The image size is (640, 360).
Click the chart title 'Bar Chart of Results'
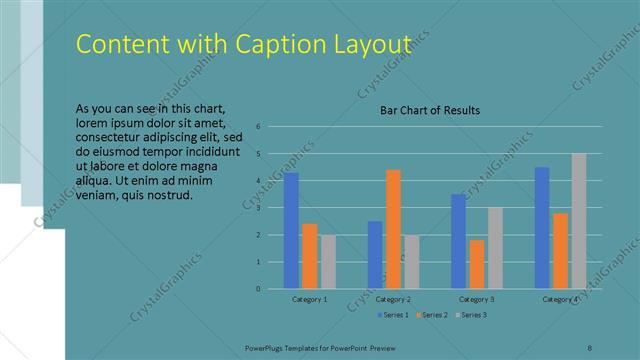point(430,110)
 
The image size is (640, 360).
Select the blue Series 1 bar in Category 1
point(291,231)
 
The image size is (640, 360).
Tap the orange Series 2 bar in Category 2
point(393,229)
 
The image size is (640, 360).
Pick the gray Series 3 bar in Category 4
point(579,221)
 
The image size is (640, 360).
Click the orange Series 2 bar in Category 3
point(477,264)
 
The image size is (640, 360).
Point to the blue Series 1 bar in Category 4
point(542,228)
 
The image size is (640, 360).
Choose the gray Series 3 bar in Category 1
point(328,262)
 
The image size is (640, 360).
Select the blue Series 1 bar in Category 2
point(375,255)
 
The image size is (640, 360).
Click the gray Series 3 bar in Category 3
point(495,248)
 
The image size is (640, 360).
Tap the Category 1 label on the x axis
point(310,299)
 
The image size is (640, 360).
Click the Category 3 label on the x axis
point(477,299)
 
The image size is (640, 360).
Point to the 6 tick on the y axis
point(258,127)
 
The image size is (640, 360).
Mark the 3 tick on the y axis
point(258,208)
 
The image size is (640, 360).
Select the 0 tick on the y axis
point(258,289)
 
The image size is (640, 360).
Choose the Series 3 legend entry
point(471,315)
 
